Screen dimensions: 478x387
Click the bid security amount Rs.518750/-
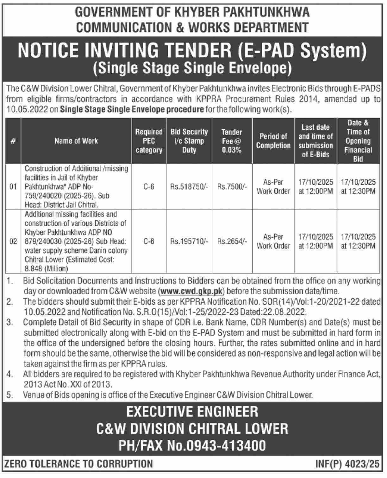(189, 187)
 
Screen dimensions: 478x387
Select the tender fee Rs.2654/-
(232, 242)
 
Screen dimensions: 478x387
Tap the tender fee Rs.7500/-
(232, 187)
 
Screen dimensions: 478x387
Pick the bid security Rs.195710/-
(189, 242)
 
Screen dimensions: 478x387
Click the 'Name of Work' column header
(76, 141)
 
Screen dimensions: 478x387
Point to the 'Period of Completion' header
(273, 141)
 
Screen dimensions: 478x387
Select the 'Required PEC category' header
(149, 141)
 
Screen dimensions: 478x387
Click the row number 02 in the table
(13, 242)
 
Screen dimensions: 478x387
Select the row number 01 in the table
(13, 187)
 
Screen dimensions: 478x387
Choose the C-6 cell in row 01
(149, 187)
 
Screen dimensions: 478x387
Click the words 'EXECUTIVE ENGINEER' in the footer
(192, 412)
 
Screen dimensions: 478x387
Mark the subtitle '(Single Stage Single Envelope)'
(192, 68)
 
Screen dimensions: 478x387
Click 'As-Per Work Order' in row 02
(273, 241)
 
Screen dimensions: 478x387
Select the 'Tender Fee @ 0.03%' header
(232, 141)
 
